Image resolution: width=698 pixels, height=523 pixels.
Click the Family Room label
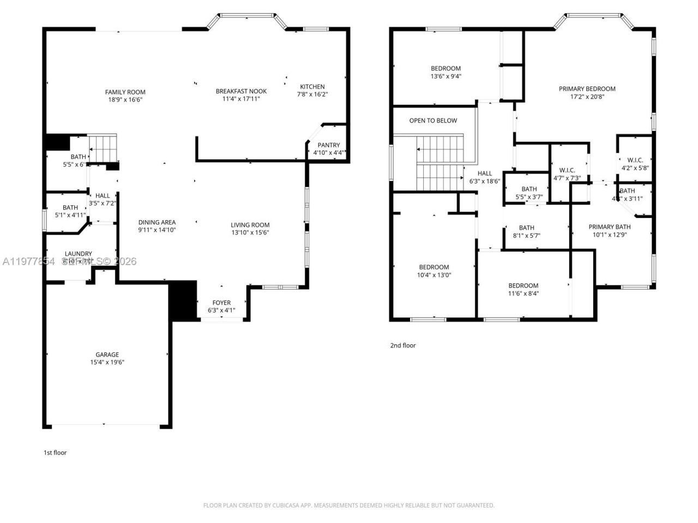tap(125, 92)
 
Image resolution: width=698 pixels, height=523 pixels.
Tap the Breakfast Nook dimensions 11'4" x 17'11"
tap(241, 99)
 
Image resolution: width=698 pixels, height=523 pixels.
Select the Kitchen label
tap(312, 87)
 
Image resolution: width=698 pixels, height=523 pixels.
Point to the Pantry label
tap(328, 145)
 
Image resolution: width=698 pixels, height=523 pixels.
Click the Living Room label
tap(250, 225)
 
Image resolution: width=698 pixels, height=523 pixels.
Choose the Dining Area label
tap(157, 222)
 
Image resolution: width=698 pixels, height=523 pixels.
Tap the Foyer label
tap(221, 303)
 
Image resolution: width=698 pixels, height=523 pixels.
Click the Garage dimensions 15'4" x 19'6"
tap(107, 362)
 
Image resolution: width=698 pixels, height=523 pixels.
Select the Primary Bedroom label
tap(587, 89)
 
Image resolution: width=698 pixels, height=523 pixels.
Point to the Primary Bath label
tap(609, 227)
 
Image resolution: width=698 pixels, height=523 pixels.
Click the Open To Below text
tap(433, 120)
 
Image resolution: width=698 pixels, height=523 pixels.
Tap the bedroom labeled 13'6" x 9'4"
tap(446, 72)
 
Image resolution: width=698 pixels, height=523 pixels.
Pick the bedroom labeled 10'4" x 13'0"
tap(434, 271)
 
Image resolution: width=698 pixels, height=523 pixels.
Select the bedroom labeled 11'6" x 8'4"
tap(523, 289)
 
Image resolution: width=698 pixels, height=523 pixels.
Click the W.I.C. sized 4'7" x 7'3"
tap(567, 174)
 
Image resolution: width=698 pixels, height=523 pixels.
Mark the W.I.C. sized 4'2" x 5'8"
tap(635, 164)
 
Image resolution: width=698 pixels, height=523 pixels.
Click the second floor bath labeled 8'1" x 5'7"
tap(526, 232)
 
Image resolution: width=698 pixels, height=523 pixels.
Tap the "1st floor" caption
tap(55, 452)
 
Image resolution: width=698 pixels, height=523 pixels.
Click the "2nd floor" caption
tap(402, 345)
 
